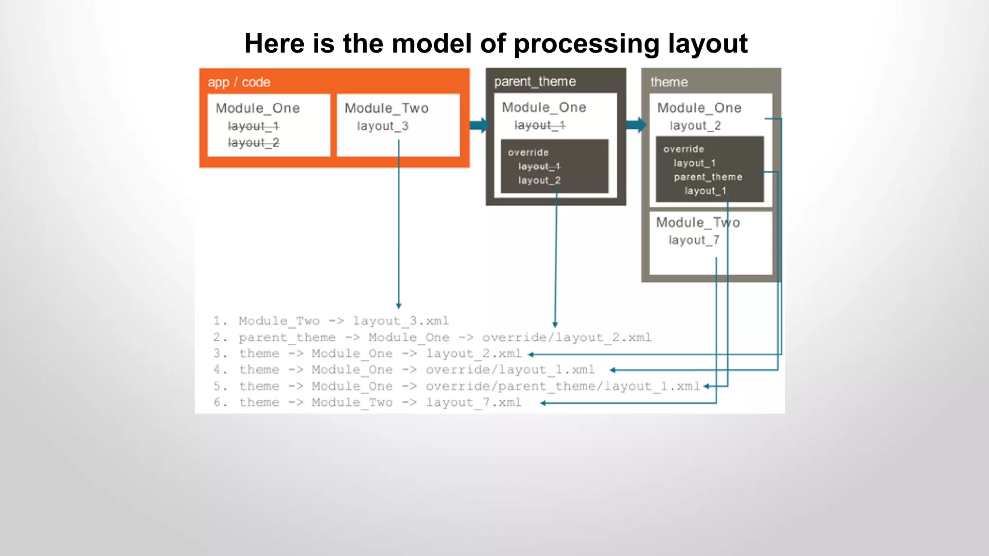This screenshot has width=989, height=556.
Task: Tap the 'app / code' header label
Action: (239, 82)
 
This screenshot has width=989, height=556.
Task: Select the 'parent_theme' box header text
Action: (535, 82)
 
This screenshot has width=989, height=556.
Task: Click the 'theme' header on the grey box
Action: (669, 82)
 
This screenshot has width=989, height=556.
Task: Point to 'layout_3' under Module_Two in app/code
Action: (382, 126)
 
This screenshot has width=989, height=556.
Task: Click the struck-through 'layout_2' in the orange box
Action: (253, 143)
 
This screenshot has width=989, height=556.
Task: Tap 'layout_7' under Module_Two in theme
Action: (694, 240)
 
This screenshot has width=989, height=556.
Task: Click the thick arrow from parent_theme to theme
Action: (636, 125)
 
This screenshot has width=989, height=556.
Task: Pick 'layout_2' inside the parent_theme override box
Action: (539, 181)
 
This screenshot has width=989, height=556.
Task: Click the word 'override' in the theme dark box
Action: (683, 149)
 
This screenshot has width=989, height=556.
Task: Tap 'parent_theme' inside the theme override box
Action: (708, 177)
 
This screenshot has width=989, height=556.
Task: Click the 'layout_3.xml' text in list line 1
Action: (400, 321)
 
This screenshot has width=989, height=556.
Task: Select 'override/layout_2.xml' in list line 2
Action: (566, 337)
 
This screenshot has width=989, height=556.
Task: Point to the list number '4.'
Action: (220, 370)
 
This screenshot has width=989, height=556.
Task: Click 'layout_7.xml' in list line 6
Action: (473, 403)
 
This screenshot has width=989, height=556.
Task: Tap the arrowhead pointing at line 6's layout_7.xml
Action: (543, 403)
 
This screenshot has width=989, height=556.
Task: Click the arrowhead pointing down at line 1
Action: (398, 306)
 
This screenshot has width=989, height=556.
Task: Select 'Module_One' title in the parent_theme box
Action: (544, 107)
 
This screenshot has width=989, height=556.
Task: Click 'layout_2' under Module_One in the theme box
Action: (695, 125)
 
